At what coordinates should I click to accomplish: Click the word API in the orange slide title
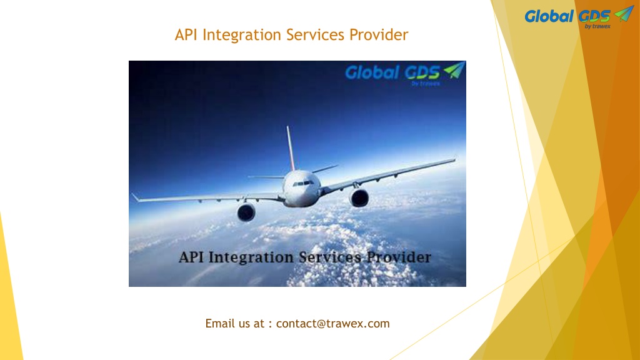click(186, 35)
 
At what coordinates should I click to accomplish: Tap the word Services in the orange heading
click(315, 35)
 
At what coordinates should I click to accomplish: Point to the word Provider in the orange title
click(378, 35)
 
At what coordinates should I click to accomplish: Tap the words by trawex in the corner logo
click(597, 26)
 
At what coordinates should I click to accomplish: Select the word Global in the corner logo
click(549, 16)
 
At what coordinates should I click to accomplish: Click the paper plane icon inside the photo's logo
click(454, 70)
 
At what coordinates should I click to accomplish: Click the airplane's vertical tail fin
click(290, 147)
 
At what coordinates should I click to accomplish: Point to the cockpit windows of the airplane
click(303, 184)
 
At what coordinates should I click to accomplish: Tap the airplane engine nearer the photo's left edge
click(246, 212)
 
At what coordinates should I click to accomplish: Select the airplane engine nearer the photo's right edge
click(359, 198)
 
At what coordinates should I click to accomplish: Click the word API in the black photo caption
click(191, 257)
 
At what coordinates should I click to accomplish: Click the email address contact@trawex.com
click(332, 323)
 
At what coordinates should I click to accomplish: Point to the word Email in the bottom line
click(219, 323)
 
